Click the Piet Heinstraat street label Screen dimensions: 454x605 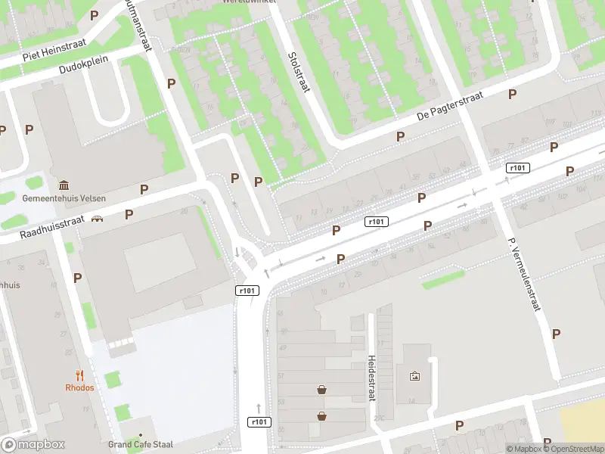click(54, 50)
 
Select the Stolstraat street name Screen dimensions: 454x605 click(299, 72)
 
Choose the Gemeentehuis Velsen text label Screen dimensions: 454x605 click(64, 198)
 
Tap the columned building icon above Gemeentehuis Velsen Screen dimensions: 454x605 click(64, 185)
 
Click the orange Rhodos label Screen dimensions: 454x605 click(79, 387)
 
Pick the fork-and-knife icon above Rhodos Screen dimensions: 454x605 click(79, 375)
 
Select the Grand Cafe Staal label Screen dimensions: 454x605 click(141, 444)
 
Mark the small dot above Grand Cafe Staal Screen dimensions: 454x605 click(141, 434)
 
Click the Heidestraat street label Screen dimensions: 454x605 click(371, 378)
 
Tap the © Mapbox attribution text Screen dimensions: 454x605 click(523, 449)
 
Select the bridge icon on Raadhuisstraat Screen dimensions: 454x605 click(98, 219)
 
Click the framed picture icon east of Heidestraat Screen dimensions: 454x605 click(414, 376)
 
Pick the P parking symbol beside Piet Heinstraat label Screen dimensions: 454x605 click(95, 15)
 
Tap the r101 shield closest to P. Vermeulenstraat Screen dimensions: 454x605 click(517, 168)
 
